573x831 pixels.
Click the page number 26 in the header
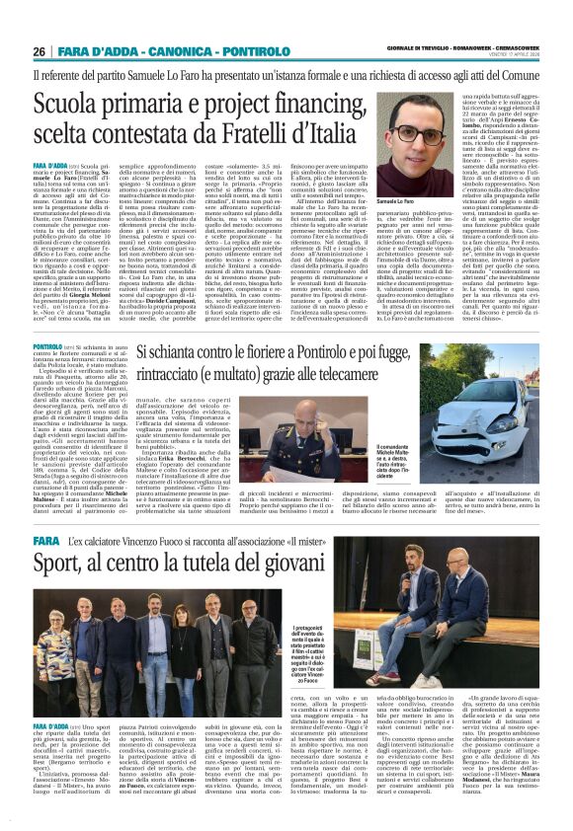tap(40, 51)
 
